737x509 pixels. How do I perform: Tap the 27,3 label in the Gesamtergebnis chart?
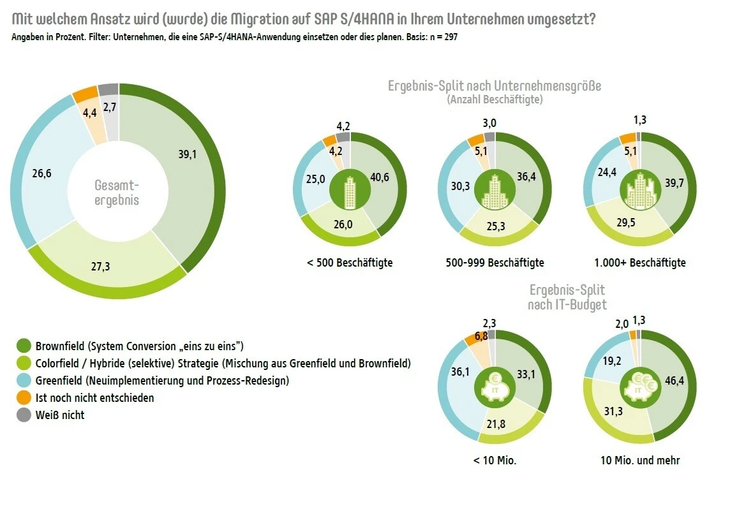coord(100,267)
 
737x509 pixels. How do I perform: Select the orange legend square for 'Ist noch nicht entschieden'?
coord(24,398)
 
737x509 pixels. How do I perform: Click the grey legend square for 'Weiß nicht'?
coord(24,415)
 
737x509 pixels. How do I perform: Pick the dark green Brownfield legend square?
coord(24,346)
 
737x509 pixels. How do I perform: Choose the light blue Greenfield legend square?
coord(24,381)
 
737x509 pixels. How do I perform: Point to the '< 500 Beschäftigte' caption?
coord(350,263)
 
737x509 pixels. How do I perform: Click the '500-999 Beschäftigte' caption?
coord(495,263)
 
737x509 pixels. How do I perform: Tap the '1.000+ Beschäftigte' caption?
coord(639,263)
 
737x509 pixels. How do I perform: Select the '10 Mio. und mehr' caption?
coord(640,460)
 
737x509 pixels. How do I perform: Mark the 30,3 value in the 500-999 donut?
coord(460,186)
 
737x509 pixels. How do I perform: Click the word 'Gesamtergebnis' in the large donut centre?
coord(117,193)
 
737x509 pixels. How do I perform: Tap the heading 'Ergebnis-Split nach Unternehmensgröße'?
coord(495,86)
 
